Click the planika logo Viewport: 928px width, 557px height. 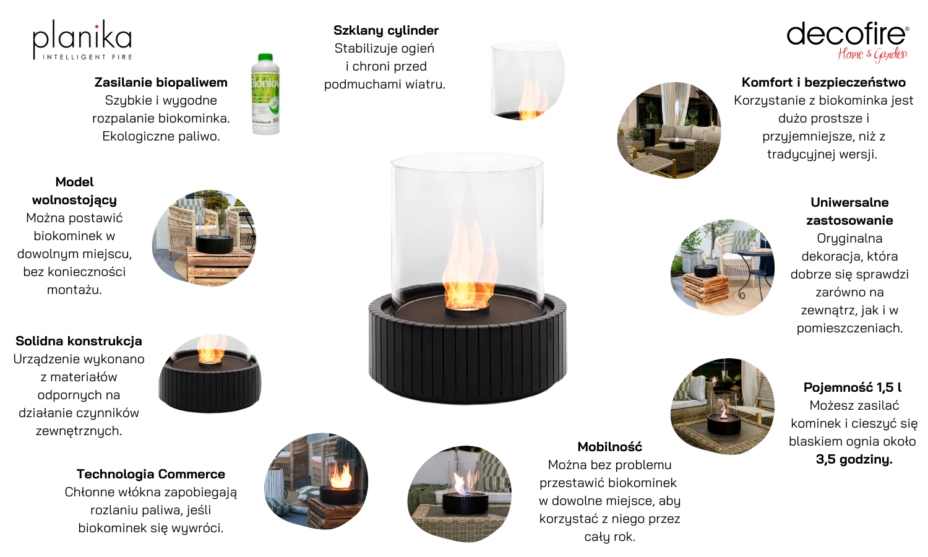tap(82, 40)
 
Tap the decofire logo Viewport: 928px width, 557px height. tap(848, 42)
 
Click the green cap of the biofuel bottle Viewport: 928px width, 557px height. tap(265, 58)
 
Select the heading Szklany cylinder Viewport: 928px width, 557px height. tap(385, 30)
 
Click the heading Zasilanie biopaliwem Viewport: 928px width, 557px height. tap(161, 82)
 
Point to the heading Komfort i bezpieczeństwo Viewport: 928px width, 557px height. tap(823, 82)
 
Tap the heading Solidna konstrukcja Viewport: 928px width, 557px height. tap(79, 340)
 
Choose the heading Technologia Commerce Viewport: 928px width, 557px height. tap(151, 473)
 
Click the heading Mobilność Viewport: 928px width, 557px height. tap(609, 446)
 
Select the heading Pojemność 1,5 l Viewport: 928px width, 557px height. tap(852, 387)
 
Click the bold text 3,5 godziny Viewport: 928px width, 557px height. tap(854, 459)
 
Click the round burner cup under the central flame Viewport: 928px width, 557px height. tap(467, 311)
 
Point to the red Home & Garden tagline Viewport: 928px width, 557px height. tap(872, 54)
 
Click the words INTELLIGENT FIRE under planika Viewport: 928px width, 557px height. tap(87, 57)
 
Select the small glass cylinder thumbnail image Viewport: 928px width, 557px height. tap(528, 81)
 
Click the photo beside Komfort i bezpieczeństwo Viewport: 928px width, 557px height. tap(669, 130)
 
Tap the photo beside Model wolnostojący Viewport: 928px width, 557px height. tap(204, 238)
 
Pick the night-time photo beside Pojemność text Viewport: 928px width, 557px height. tap(722, 406)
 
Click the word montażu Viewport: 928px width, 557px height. tap(74, 290)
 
